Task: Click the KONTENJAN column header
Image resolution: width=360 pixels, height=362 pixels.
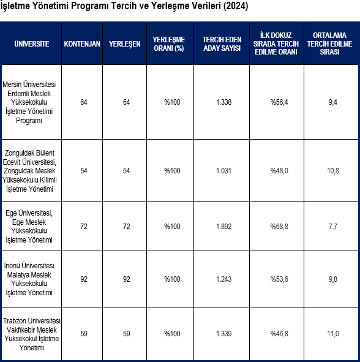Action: [x=82, y=44]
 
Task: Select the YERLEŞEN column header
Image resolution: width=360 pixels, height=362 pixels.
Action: [x=125, y=44]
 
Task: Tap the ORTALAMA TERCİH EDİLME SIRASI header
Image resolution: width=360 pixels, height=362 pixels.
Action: [x=329, y=43]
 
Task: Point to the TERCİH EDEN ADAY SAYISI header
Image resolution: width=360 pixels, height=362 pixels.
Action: [x=222, y=44]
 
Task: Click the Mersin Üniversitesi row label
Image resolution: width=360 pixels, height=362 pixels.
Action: [x=29, y=102]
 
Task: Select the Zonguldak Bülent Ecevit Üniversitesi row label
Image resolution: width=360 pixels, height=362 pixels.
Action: [x=29, y=171]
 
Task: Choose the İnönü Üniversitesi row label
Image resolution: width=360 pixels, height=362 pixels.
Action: [x=29, y=279]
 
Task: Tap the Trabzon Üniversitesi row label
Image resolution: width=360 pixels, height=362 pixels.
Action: [x=32, y=334]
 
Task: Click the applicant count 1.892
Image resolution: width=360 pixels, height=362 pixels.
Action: [x=223, y=227]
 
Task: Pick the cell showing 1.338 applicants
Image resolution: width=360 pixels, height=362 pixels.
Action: [x=223, y=102]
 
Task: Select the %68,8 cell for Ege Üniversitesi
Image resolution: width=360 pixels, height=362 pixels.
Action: [x=279, y=227]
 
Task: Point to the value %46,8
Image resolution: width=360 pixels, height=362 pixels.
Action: [x=279, y=334]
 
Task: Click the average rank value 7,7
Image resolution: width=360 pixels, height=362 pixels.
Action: [x=333, y=227]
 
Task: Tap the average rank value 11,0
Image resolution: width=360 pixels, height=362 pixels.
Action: [x=333, y=334]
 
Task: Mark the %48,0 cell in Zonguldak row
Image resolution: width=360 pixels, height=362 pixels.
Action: [x=279, y=171]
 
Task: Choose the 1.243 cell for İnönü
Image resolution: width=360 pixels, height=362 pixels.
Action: [x=223, y=279]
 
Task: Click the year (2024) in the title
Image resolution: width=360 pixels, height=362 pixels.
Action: [x=236, y=6]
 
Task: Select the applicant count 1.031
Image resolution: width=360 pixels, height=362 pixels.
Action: [x=223, y=171]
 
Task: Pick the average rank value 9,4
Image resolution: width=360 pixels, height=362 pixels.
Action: [x=333, y=102]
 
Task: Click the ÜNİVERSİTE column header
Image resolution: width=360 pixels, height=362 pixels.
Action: [x=32, y=44]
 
